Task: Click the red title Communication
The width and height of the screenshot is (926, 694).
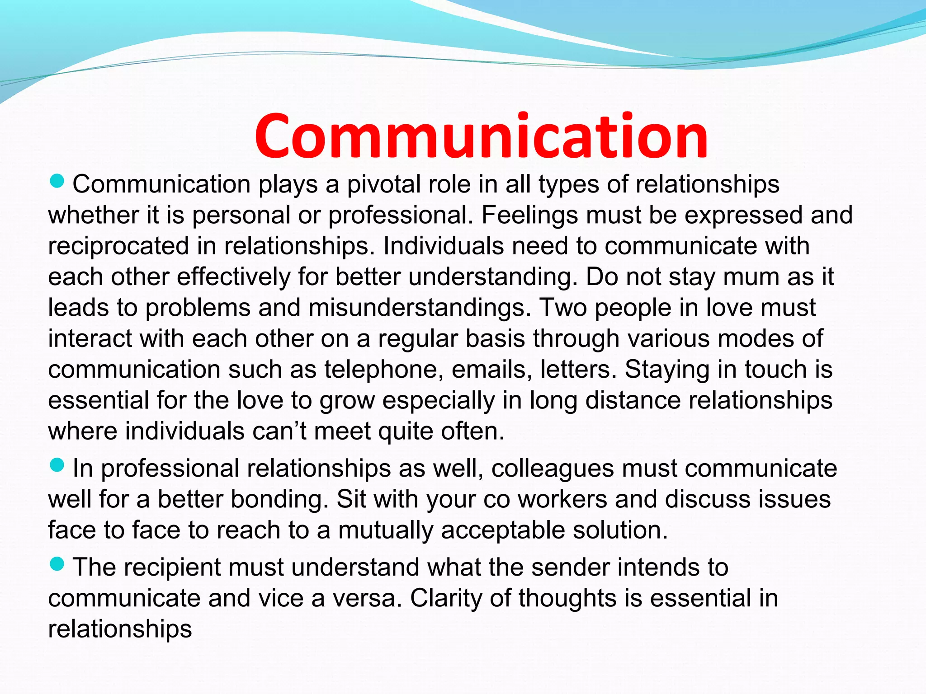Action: [481, 136]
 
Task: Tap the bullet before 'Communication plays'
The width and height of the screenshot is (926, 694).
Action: [57, 182]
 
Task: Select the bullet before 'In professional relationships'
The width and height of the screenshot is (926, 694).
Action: [57, 465]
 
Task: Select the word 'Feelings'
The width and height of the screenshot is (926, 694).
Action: [529, 215]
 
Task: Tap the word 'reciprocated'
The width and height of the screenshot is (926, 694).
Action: [118, 246]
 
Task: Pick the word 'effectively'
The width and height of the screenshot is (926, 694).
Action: [233, 277]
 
